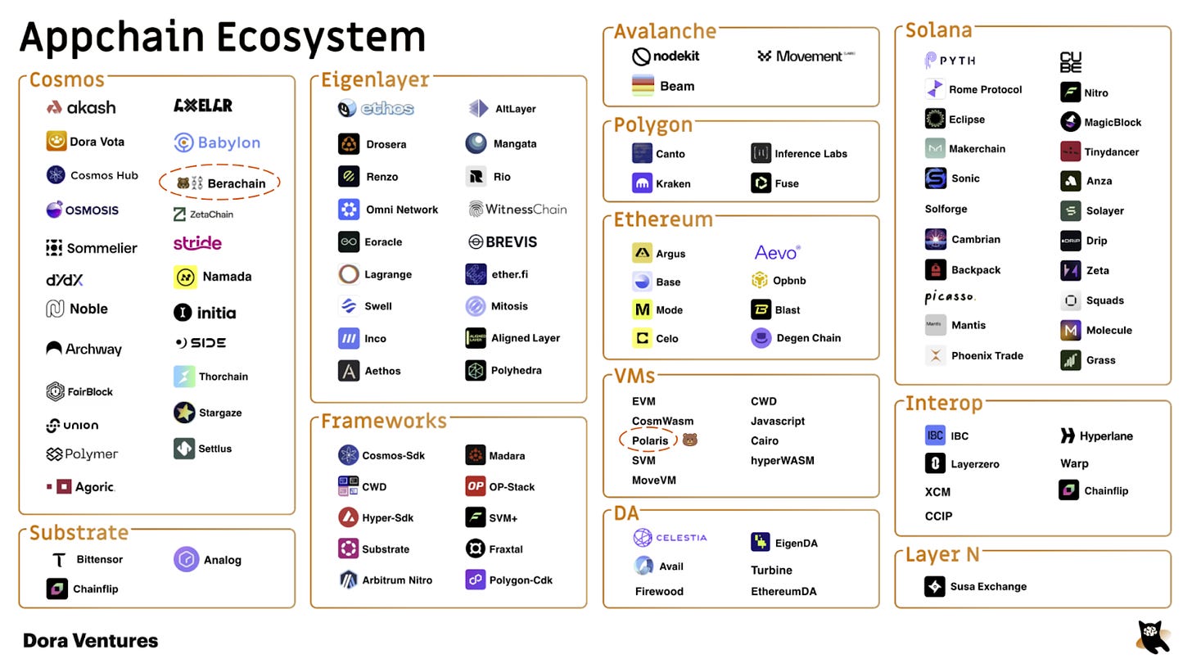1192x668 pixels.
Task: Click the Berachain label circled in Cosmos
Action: [x=236, y=183]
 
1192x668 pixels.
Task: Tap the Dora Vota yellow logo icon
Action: [x=56, y=141]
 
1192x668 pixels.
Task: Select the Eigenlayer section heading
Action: [x=374, y=79]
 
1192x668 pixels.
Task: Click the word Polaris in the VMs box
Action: [x=650, y=440]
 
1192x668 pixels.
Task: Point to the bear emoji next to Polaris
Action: [x=689, y=440]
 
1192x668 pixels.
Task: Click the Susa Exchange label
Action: [x=988, y=586]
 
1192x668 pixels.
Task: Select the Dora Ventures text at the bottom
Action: [x=90, y=641]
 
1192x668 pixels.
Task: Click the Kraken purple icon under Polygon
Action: [x=642, y=183]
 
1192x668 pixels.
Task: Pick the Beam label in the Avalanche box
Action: [x=676, y=86]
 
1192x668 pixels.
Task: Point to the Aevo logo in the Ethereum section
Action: [x=777, y=252]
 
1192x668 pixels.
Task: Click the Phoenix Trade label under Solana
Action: [x=987, y=355]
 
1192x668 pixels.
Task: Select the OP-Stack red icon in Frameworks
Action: [x=475, y=486]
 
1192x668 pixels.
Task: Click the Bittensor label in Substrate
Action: [x=99, y=559]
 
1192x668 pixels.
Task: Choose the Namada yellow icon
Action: [x=185, y=277]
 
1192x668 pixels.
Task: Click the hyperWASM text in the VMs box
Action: [x=782, y=460]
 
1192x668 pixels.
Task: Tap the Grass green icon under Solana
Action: [x=1070, y=360]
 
